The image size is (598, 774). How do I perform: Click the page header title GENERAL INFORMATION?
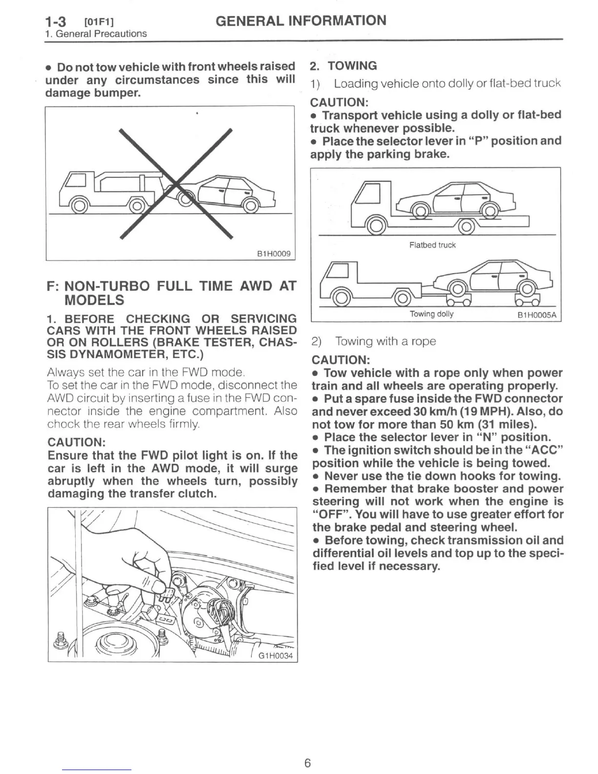click(x=300, y=21)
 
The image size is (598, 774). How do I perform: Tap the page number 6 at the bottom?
click(x=307, y=763)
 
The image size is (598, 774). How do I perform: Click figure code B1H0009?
click(x=274, y=254)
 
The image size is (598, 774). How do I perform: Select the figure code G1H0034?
click(x=276, y=655)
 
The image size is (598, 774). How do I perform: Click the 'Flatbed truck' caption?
click(x=432, y=245)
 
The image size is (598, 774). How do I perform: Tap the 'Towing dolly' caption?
click(x=431, y=314)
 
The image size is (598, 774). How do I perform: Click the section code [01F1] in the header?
click(x=99, y=22)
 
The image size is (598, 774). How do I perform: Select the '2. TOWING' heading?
click(x=344, y=66)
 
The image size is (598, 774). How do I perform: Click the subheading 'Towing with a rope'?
click(x=385, y=341)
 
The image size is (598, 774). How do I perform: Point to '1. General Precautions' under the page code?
click(x=96, y=34)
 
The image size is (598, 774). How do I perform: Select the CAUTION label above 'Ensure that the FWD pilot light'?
click(x=77, y=442)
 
